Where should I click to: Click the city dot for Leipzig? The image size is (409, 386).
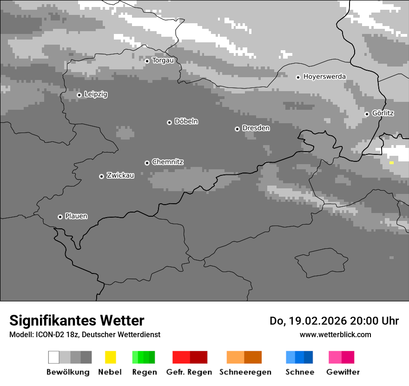[79, 95]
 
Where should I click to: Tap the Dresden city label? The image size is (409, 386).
[256, 128]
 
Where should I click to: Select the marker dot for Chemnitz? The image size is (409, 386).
[147, 163]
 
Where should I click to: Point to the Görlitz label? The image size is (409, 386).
[383, 113]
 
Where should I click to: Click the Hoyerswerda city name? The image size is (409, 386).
[324, 77]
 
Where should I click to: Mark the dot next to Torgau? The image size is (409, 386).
[147, 61]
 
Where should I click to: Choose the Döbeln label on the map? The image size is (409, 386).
[186, 122]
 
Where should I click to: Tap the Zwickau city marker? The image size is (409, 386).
[101, 176]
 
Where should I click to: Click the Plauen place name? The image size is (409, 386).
[76, 216]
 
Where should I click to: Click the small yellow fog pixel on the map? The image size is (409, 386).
[391, 163]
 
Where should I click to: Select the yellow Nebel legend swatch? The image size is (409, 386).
[110, 357]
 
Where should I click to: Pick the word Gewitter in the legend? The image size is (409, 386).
[343, 372]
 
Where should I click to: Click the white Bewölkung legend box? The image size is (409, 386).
[54, 357]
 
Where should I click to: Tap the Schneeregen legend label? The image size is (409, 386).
[245, 372]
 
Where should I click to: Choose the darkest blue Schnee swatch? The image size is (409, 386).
[309, 357]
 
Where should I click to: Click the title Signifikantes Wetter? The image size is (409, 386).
[77, 320]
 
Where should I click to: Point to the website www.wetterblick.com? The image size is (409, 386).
[335, 334]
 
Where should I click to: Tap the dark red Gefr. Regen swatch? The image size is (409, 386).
[198, 357]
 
